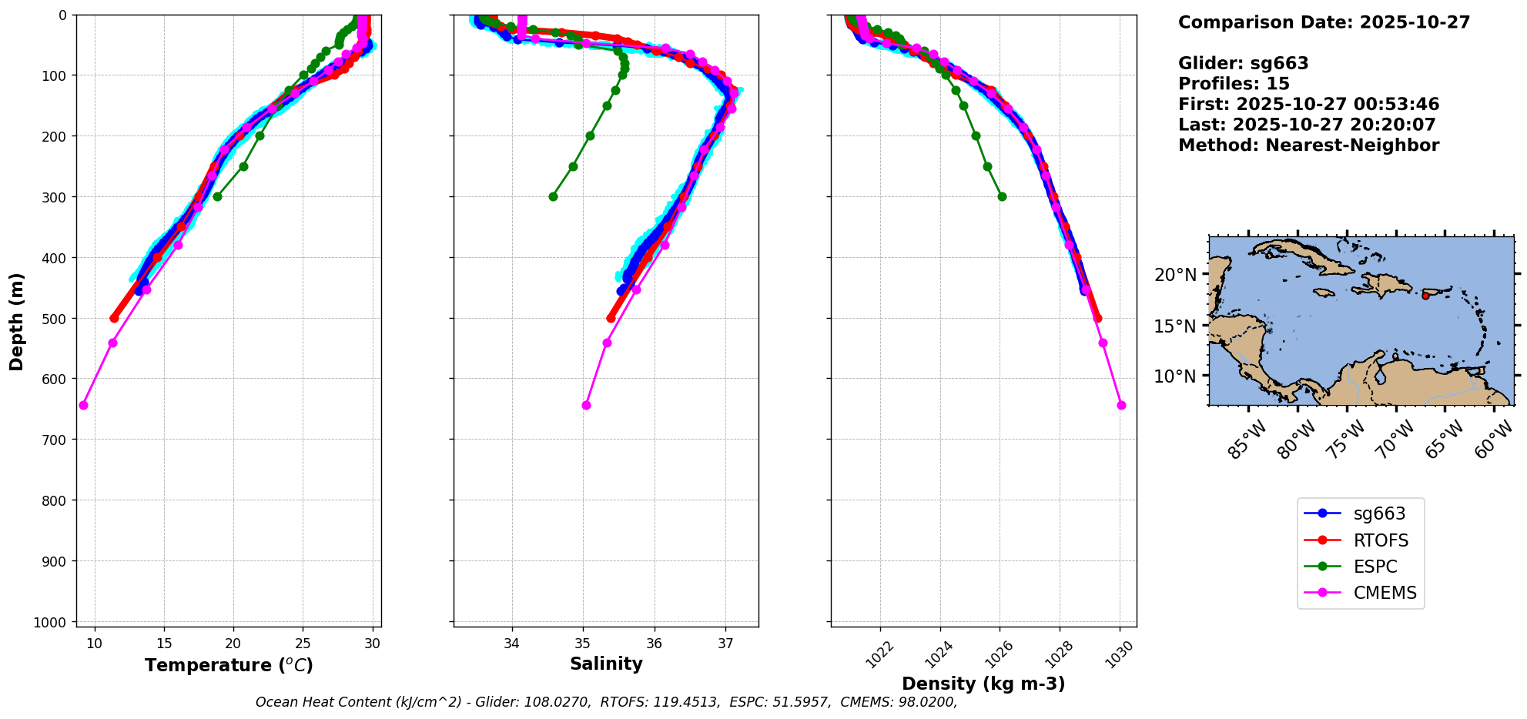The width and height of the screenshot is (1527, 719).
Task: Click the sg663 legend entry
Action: (x=1378, y=513)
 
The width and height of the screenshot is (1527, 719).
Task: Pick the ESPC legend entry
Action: (x=1375, y=567)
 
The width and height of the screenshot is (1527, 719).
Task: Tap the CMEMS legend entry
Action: (x=1384, y=593)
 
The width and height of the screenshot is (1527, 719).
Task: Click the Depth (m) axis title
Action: (x=16, y=321)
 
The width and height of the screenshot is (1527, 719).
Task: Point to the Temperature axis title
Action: (x=229, y=665)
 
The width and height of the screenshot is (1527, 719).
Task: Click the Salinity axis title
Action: (x=606, y=664)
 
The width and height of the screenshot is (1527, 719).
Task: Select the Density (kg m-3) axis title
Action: (x=983, y=684)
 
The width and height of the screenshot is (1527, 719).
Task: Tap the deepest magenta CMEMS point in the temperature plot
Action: (x=83, y=405)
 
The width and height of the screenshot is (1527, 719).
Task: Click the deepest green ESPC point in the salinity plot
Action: (x=553, y=196)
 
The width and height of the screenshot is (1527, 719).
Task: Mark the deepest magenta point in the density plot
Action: (x=1121, y=405)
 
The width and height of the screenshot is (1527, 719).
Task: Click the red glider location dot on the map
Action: (x=1425, y=296)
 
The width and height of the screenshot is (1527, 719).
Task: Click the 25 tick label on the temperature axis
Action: (x=303, y=644)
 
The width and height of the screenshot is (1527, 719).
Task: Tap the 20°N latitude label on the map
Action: (x=1175, y=275)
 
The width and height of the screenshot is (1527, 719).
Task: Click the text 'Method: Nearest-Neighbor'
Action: (x=1308, y=145)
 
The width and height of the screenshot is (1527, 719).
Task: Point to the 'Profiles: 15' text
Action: (x=1234, y=84)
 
